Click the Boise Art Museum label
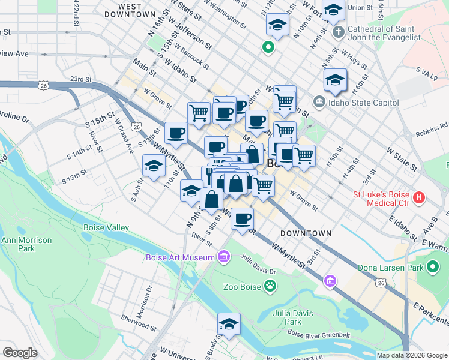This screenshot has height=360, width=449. pos(180,258)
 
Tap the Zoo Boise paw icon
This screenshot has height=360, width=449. pos(271,286)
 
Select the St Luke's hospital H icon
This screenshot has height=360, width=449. pos(419,196)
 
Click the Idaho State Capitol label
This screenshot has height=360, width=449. pos(364,103)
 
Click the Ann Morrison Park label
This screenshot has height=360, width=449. pos(26,244)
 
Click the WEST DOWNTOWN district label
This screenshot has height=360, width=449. pos(130,9)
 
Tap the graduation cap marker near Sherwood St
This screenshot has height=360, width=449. pos(229,324)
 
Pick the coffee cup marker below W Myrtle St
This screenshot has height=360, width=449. pos(242,219)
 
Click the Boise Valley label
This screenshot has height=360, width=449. pos(106,228)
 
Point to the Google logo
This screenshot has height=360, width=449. pos(20,353)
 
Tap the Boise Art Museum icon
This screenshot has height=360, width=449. pos(224,257)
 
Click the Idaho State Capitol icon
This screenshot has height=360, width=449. pos(318,103)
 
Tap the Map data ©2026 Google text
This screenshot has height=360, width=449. pos(411,355)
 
